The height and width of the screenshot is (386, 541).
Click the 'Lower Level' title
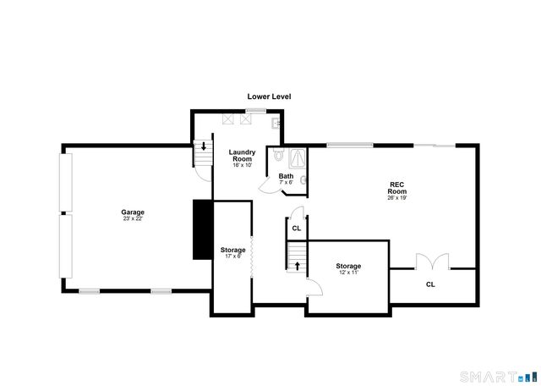click(269, 96)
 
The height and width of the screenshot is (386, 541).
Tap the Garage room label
click(132, 212)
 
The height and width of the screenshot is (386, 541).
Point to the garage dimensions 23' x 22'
click(132, 219)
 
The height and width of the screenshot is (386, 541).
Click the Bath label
click(286, 176)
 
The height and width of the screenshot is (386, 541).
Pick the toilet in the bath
click(280, 156)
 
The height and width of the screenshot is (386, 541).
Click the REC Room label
click(397, 188)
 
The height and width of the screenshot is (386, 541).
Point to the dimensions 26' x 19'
click(397, 199)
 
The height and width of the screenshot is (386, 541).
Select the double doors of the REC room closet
click(430, 262)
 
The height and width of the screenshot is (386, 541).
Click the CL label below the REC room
click(430, 284)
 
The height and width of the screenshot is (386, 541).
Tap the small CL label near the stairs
click(296, 228)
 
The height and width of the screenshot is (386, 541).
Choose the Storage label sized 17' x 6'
click(232, 250)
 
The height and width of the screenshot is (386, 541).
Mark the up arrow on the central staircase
click(297, 266)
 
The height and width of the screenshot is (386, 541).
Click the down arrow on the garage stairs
click(203, 146)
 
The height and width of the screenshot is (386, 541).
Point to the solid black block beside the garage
click(202, 229)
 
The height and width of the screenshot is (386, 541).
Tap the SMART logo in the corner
click(498, 376)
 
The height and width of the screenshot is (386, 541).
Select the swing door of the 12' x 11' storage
click(315, 287)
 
